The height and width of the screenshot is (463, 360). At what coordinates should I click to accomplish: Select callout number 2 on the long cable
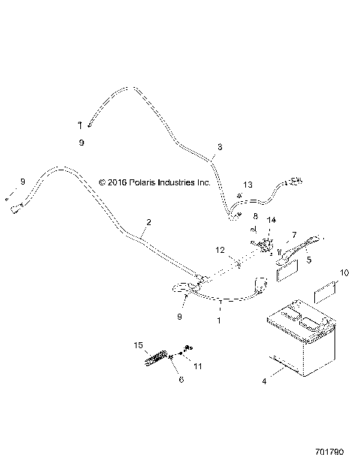coord(148,222)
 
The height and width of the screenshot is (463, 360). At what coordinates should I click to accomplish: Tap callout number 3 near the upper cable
coord(220,147)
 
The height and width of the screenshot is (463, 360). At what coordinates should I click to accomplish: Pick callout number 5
coord(308,262)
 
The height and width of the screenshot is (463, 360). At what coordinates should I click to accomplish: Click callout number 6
coord(180,380)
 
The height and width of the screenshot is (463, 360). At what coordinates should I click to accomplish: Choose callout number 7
coord(294,235)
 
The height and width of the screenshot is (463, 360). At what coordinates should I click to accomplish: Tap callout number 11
coord(199,366)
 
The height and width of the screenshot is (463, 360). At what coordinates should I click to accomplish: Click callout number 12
coord(220,249)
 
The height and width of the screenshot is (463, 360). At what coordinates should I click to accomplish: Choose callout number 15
coord(139,344)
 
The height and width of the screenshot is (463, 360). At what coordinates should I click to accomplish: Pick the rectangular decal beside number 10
coord(325,292)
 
